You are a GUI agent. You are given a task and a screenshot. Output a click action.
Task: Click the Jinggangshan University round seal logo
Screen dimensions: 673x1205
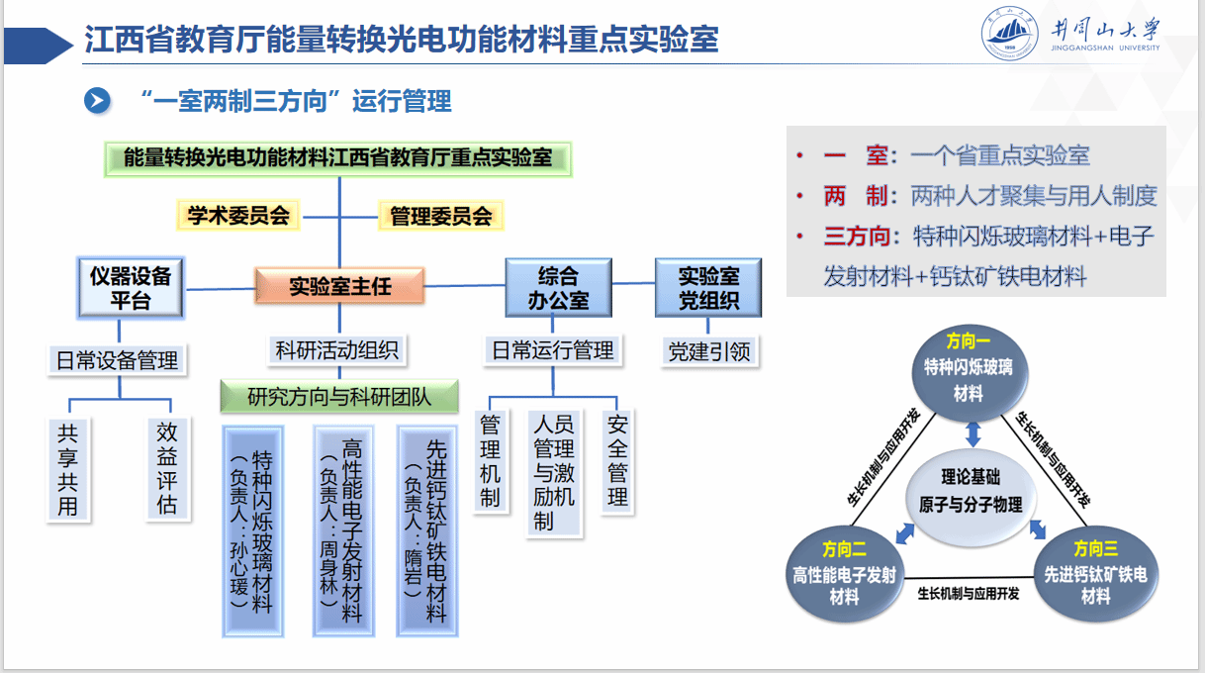(1009, 34)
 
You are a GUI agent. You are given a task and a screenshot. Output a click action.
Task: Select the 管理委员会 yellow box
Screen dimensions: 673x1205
(441, 215)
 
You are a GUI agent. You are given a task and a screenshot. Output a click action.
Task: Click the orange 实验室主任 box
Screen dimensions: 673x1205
(339, 286)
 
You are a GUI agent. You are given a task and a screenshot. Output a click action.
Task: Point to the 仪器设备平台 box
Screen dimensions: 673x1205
(131, 288)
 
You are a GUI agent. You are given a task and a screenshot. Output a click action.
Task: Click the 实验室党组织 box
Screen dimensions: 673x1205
(709, 287)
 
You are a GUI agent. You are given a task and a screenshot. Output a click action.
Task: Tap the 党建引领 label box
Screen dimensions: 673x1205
(709, 351)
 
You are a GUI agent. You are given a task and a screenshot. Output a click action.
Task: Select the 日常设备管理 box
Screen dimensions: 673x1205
(117, 360)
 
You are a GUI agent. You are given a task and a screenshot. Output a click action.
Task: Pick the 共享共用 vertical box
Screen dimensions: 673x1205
(67, 469)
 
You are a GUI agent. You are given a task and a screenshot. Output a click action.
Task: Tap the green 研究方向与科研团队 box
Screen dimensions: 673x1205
(339, 397)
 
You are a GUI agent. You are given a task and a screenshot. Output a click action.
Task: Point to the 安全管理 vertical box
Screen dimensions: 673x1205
(617, 461)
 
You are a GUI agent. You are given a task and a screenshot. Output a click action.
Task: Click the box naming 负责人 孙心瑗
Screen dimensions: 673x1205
(252, 530)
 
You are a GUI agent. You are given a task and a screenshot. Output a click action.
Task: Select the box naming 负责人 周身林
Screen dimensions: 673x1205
(339, 530)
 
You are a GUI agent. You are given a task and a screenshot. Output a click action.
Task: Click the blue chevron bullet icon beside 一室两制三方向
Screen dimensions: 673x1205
(97, 100)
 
